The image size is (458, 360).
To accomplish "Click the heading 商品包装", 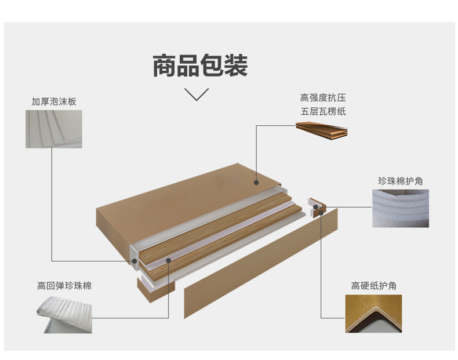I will pyautogui.click(x=200, y=66).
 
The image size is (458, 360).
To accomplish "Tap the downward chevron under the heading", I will pyautogui.click(x=197, y=94).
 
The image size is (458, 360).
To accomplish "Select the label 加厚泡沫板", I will pyautogui.click(x=53, y=101).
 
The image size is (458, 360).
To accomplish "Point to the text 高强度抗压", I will pyautogui.click(x=323, y=97).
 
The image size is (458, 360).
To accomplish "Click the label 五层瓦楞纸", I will pyautogui.click(x=323, y=111).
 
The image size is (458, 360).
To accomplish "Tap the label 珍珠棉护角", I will pyautogui.click(x=400, y=181).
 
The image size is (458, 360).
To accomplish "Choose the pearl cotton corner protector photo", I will pyautogui.click(x=400, y=208).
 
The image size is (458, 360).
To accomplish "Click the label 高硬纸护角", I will pyautogui.click(x=374, y=286).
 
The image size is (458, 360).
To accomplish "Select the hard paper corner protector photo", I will pyautogui.click(x=374, y=313).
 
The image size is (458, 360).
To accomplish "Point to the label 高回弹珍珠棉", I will pyautogui.click(x=64, y=286).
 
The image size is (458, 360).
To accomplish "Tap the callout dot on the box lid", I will pyautogui.click(x=256, y=181).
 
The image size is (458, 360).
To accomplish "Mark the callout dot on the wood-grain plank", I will pyautogui.click(x=169, y=261).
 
